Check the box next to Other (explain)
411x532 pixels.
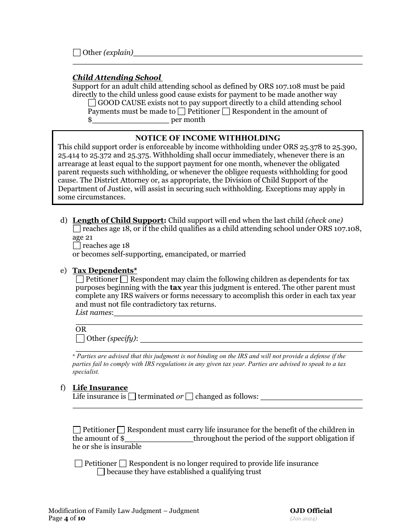(77, 53)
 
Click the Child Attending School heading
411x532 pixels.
(117, 78)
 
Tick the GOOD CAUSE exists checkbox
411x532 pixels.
(92, 103)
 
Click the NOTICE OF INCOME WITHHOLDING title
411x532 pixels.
(208, 138)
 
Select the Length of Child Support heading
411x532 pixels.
(119, 220)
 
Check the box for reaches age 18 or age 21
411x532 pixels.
(77, 229)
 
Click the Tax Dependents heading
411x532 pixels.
(104, 271)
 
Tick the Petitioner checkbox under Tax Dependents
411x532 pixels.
(80, 279)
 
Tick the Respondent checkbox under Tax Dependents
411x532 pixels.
(124, 279)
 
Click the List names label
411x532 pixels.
(94, 313)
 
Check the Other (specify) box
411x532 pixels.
(80, 338)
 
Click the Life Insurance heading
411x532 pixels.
(100, 388)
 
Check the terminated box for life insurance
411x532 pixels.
(132, 396)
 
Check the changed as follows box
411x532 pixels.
(189, 396)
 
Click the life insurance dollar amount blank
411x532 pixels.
(159, 438)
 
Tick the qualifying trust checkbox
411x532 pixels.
(101, 472)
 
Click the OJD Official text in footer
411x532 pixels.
(311, 511)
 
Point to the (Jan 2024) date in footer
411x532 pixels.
(303, 519)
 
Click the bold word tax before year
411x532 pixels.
(175, 288)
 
